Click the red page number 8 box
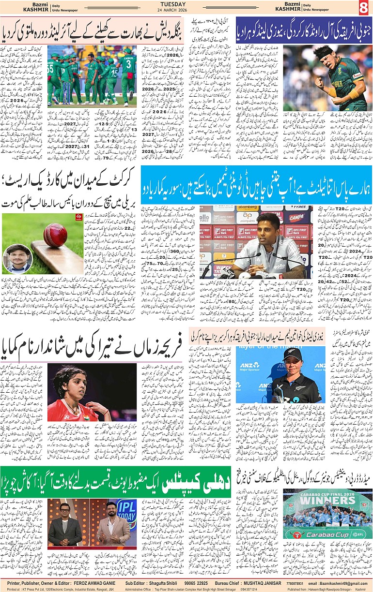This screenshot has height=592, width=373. click(x=364, y=7)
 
